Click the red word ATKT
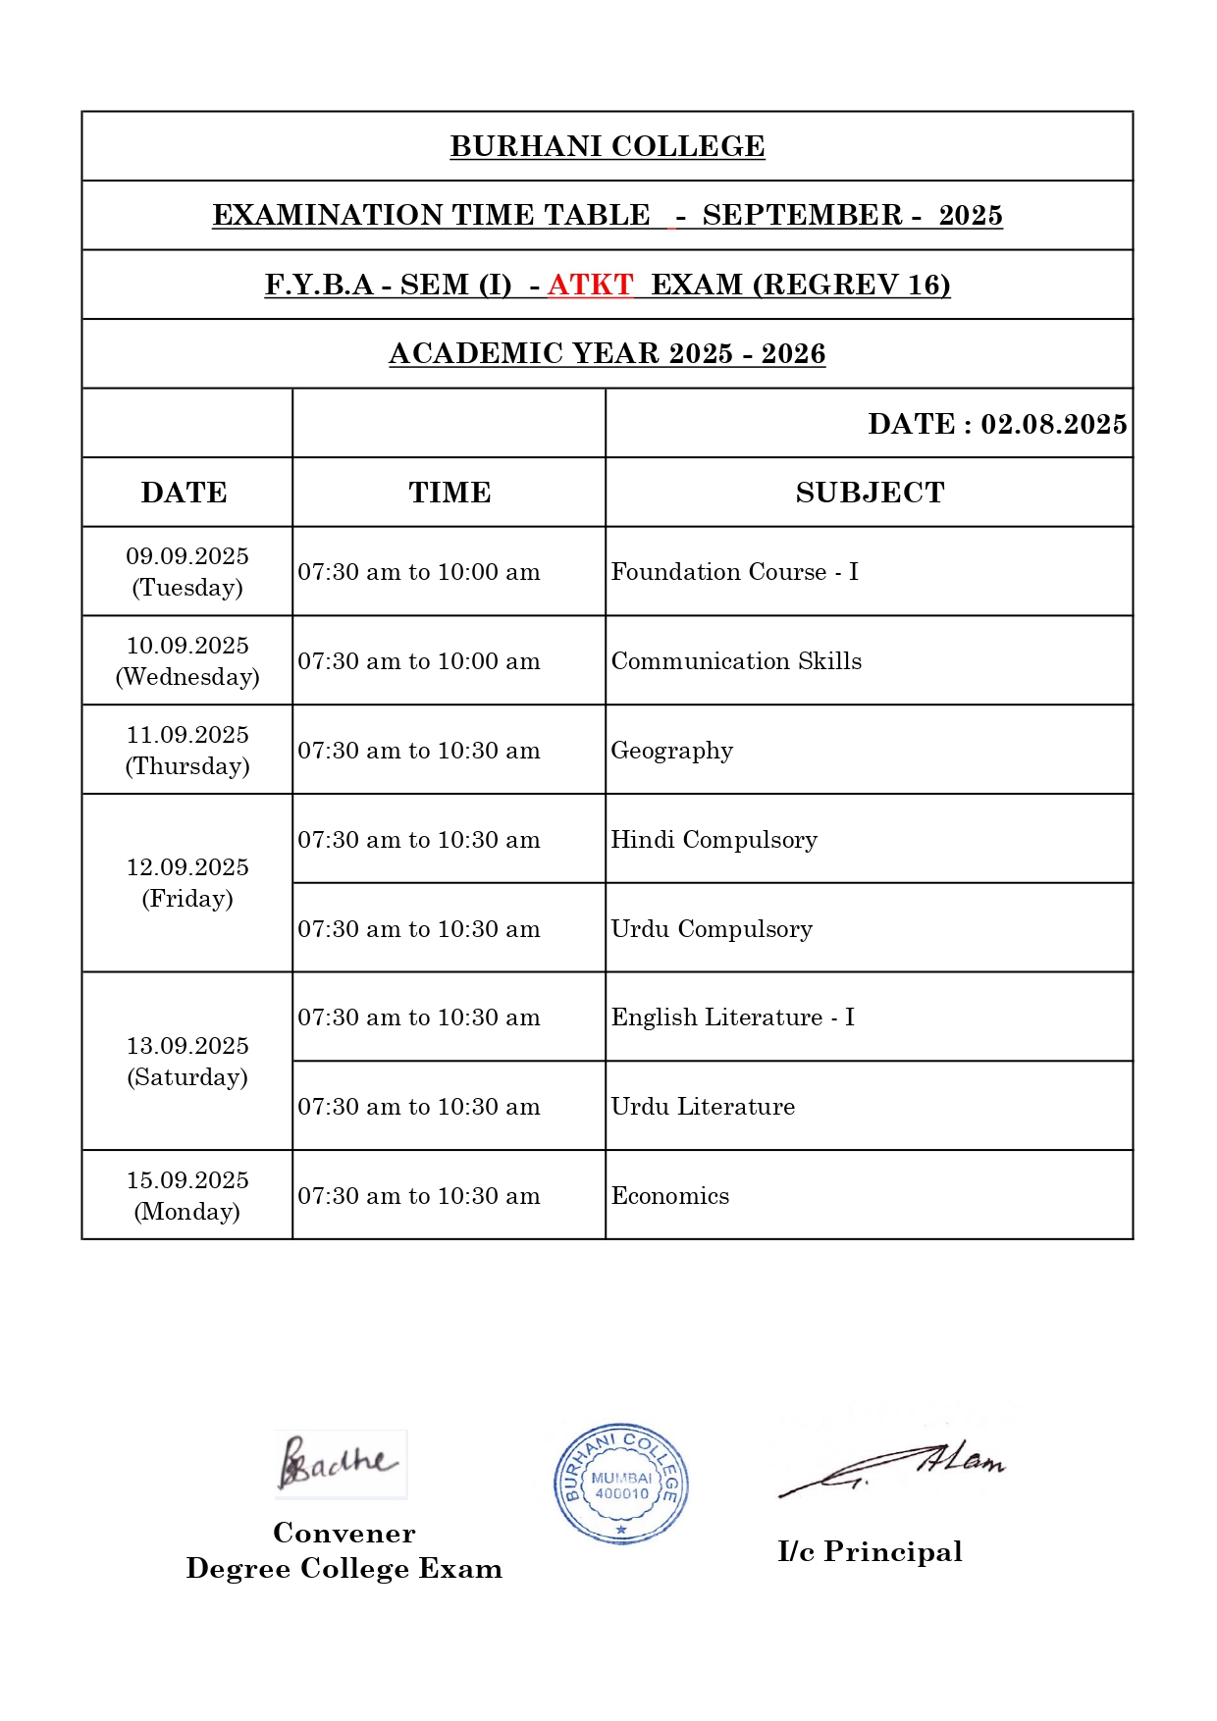coord(590,285)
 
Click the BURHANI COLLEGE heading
coord(607,146)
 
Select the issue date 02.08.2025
coord(1053,424)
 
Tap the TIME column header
coord(450,493)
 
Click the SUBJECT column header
coord(870,493)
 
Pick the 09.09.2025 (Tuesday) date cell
coord(187,572)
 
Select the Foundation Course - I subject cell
coord(734,572)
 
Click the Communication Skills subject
coord(736,661)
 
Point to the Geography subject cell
coord(672,751)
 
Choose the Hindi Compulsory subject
coord(714,840)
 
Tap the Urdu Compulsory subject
coord(712,929)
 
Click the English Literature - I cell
coord(732,1017)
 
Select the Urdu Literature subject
coord(703,1107)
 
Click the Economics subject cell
coord(670,1196)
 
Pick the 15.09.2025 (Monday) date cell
coord(187,1196)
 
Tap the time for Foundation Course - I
coord(419,572)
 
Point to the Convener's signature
coord(340,1463)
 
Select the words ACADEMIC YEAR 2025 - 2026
coord(607,354)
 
